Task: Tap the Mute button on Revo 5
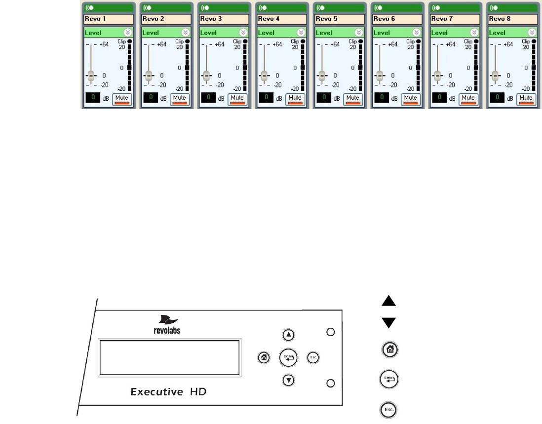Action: point(352,98)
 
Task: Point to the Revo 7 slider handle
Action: point(436,76)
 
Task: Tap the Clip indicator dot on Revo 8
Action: point(532,41)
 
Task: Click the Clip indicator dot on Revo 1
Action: point(129,41)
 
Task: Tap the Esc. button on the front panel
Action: point(313,357)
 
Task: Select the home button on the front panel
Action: point(264,357)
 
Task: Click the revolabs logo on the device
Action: point(167,326)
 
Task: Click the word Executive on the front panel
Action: point(156,392)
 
